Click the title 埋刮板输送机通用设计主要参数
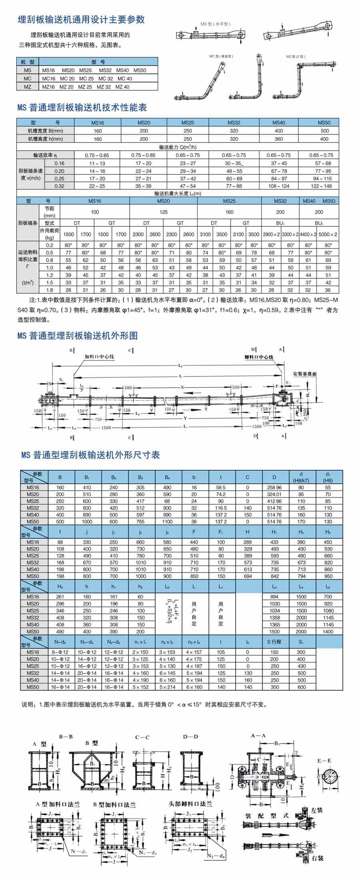[x=81, y=20]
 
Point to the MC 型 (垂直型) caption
[x=221, y=56]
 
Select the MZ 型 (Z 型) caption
[x=296, y=56]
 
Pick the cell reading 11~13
[x=97, y=163]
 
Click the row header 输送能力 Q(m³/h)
[x=178, y=147]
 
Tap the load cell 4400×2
[x=308, y=234]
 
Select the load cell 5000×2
[x=328, y=234]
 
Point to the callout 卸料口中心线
[x=259, y=357]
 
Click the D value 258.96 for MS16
[x=274, y=488]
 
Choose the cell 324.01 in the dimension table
[x=274, y=495]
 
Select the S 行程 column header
[x=274, y=642]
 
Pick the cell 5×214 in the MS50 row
[x=167, y=687]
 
